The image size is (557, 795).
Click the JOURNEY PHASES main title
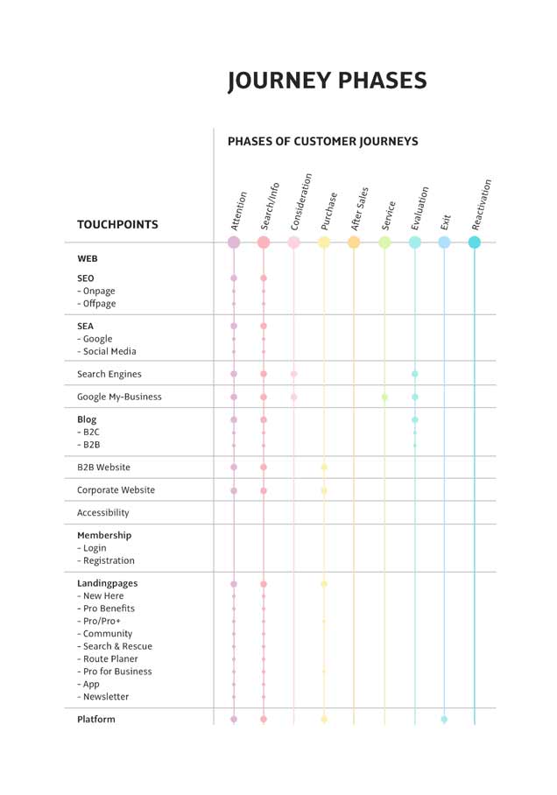327,81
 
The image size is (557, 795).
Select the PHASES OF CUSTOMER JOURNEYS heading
322,141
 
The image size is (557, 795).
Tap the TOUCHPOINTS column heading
117,224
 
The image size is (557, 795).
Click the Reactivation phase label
481,205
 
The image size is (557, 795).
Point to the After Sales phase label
359,209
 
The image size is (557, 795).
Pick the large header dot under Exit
444,243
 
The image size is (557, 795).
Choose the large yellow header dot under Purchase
324,243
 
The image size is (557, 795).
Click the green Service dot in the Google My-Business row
384,397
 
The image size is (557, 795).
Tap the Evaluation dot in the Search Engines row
415,374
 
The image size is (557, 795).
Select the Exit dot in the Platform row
444,720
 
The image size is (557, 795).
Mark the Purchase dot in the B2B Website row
324,468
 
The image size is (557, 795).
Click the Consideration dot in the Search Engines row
294,374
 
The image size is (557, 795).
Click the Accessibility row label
102,513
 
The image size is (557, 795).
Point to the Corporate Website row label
116,490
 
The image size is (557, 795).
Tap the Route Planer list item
110,659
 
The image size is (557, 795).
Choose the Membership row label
104,535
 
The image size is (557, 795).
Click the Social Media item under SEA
109,351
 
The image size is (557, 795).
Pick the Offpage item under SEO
99,304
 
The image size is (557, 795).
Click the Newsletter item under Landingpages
106,697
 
